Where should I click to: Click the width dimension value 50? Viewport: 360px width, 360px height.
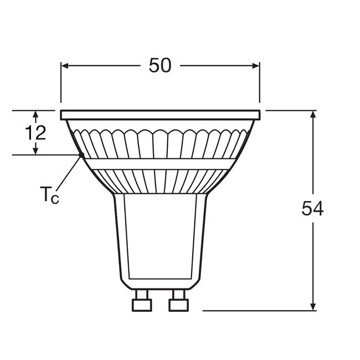point(160,66)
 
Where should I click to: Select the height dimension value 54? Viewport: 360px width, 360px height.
point(313,209)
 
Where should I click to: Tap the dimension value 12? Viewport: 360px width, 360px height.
point(35,133)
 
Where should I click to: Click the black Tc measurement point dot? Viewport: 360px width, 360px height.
point(81,155)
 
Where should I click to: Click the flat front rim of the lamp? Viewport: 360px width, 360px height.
point(160,115)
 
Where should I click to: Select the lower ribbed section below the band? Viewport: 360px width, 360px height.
point(160,181)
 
